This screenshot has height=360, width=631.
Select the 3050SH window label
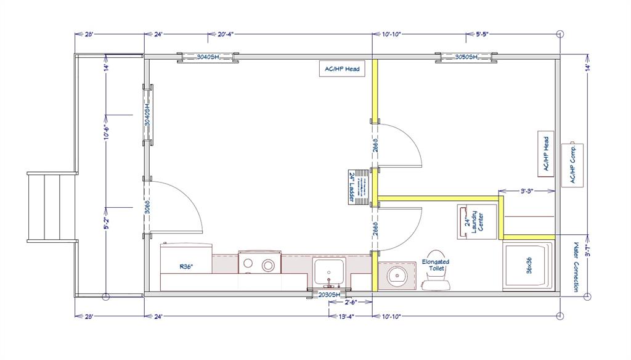[x=466, y=57]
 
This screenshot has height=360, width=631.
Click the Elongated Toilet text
[x=436, y=265]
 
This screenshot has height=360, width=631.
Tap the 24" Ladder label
[x=351, y=187]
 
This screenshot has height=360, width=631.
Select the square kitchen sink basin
[x=328, y=269]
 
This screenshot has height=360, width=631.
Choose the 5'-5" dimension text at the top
[x=487, y=35]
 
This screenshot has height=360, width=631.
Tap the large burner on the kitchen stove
[x=267, y=266]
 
